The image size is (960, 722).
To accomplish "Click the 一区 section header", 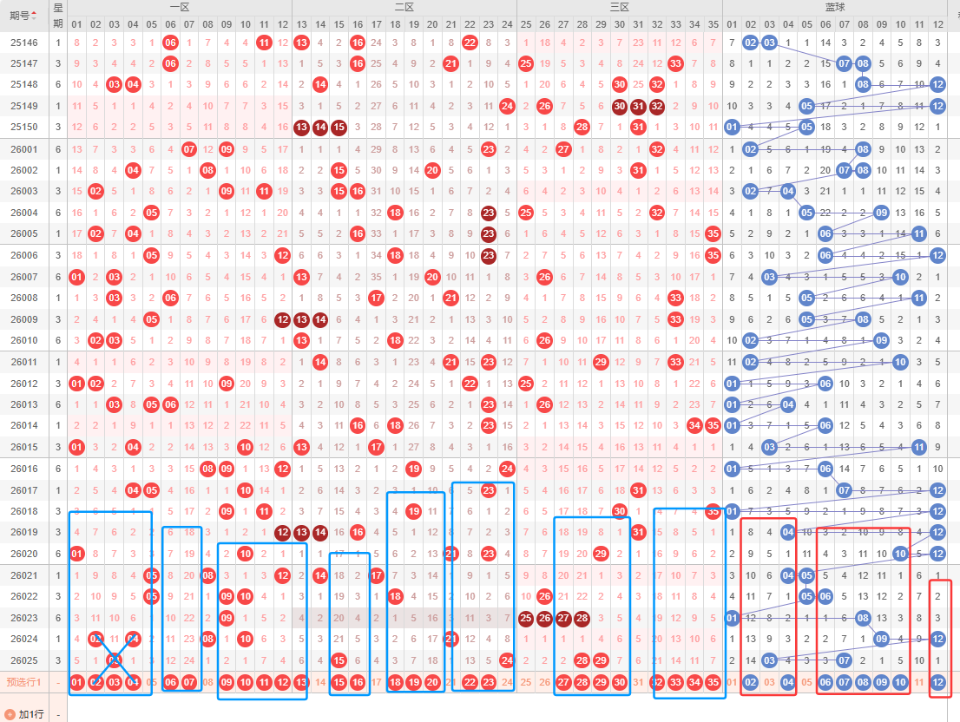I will coord(180,7).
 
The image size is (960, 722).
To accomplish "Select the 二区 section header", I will coord(404,7).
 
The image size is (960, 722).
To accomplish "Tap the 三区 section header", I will coord(619,7).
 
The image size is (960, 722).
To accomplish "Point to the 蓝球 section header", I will coord(836,7).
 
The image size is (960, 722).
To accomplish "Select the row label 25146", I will coord(24,43).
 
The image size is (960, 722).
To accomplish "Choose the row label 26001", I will coord(24,149).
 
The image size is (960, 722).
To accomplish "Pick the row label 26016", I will coord(24,469).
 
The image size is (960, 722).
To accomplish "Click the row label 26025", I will coord(24,660).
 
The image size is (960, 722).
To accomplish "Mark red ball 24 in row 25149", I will coord(508,106).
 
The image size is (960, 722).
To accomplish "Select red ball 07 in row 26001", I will coord(189,149).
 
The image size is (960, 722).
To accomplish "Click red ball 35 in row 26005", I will coord(713,233).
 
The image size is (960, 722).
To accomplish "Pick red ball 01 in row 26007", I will coord(76,277).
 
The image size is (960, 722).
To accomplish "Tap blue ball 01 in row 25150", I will coord(732,128).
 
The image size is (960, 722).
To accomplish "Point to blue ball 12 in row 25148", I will coord(937,85).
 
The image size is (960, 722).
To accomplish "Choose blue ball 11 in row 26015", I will coord(919,447).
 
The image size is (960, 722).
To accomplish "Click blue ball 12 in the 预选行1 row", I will coord(937,682).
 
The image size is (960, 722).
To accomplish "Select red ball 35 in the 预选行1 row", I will coord(713,682).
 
